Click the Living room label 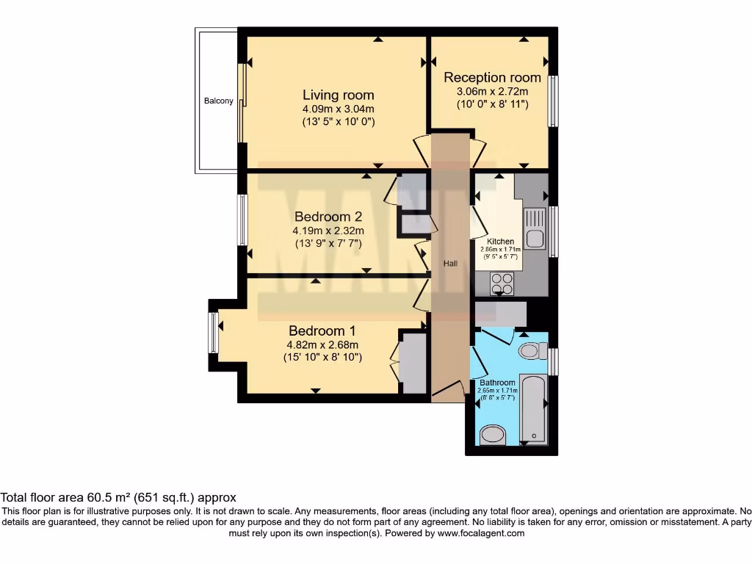pos(339,95)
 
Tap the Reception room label pos(492,77)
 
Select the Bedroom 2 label pos(328,217)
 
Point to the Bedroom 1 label pos(322,330)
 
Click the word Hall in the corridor pos(450,263)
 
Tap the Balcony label pos(219,101)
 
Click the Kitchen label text pos(501,242)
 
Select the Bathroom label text pos(497,383)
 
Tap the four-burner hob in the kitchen pos(502,282)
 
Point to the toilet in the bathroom pos(532,352)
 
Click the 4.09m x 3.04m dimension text pos(339,109)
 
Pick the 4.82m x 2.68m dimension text pos(322,344)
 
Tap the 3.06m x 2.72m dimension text pos(492,91)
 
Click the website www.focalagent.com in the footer pos(481,534)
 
